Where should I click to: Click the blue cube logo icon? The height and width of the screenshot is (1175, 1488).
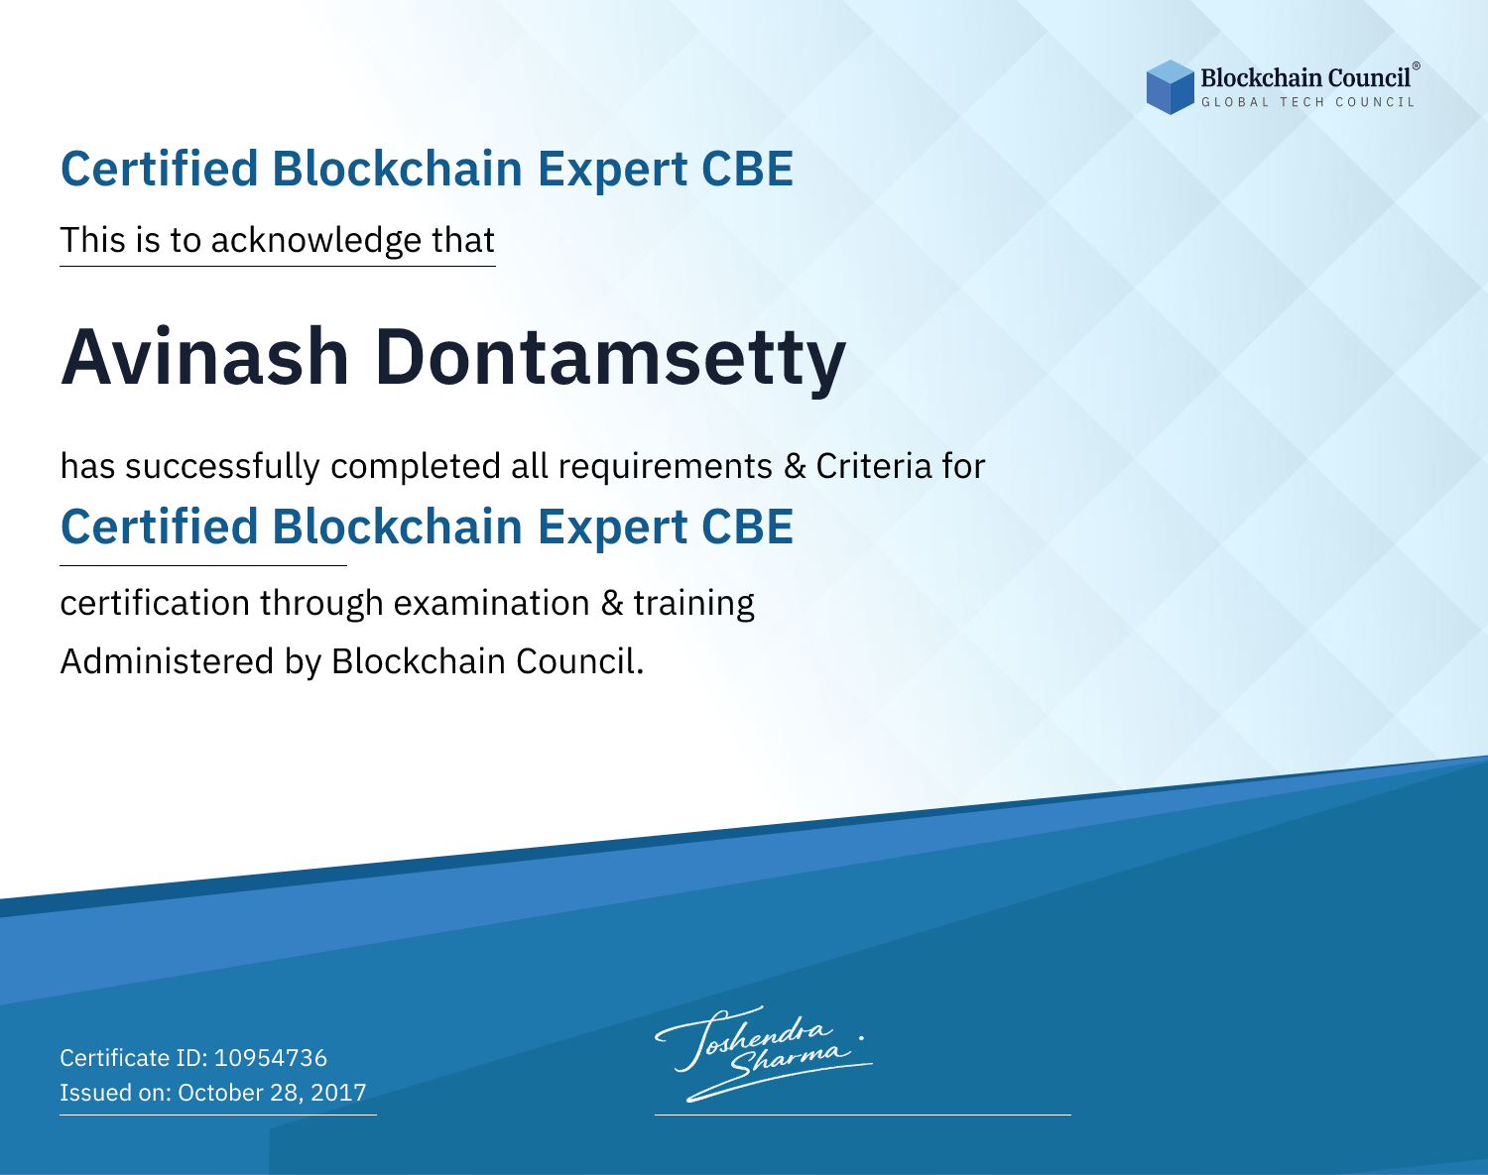tap(1170, 87)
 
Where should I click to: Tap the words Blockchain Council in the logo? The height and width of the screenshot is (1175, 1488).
tap(1305, 78)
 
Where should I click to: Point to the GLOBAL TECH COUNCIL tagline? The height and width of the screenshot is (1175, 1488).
tap(1307, 102)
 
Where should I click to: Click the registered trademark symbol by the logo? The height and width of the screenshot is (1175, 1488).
tap(1417, 66)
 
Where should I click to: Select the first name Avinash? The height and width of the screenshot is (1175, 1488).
tap(204, 357)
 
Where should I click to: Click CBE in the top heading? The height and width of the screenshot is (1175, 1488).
tap(747, 169)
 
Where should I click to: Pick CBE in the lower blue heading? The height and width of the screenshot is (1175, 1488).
tap(747, 527)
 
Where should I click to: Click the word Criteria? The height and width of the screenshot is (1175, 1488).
tap(873, 466)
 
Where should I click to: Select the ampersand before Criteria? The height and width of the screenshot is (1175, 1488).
tap(795, 467)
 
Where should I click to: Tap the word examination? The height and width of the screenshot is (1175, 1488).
tap(492, 603)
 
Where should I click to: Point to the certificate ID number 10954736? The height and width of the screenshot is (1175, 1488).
tap(271, 1058)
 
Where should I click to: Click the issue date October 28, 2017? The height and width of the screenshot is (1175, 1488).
tap(272, 1093)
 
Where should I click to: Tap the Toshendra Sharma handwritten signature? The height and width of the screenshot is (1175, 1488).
tap(763, 1053)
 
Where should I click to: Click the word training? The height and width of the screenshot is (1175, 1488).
tap(693, 604)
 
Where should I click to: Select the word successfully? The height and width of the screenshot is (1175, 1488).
tap(222, 467)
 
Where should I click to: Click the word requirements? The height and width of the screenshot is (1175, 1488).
tap(666, 467)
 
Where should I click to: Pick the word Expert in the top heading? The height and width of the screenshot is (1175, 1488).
tap(612, 170)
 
